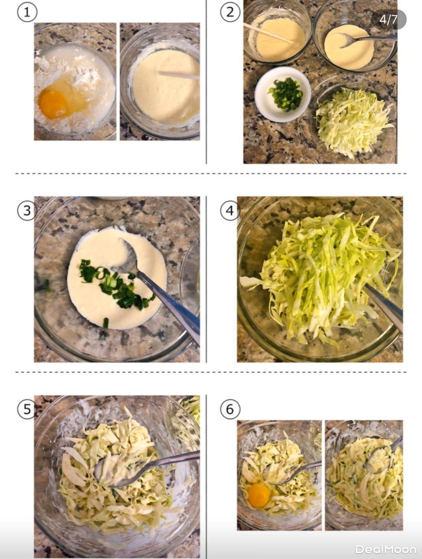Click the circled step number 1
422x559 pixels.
coord(27,12)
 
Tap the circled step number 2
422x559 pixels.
coord(230,12)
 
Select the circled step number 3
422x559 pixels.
coord(27,211)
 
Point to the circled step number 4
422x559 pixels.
coord(230,211)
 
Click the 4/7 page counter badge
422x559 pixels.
coord(388,20)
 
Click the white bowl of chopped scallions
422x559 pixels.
coord(283,95)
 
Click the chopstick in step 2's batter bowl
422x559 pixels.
coord(268,33)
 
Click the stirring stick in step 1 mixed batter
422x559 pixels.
coord(179,75)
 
